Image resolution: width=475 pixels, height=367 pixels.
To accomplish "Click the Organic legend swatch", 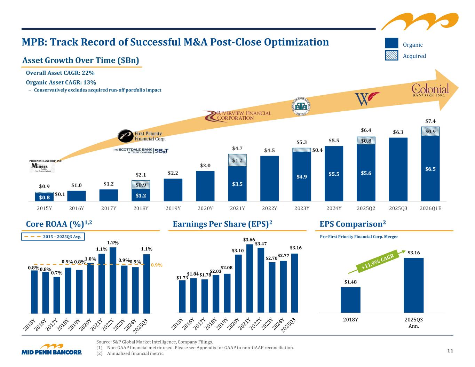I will pos(391,43).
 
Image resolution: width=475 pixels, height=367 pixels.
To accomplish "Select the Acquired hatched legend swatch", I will pos(391,55).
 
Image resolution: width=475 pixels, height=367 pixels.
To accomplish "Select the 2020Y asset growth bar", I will pos(205,186).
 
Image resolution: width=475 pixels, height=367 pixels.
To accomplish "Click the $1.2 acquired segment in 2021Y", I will pos(237,160).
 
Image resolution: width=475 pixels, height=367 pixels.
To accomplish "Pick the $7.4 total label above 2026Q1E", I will pos(430,121).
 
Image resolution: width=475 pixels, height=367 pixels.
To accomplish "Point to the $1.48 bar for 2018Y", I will pos(350,300).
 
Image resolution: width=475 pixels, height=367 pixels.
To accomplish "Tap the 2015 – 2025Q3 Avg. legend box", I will pos(53,237).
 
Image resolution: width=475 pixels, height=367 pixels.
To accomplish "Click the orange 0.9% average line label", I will pos(157,265).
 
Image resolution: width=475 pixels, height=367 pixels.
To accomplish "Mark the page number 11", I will pos(450,351).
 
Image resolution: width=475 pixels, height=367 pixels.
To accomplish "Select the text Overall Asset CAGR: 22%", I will pos(60,73).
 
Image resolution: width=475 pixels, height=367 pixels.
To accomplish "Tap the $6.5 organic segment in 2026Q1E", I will pos(430,169).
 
